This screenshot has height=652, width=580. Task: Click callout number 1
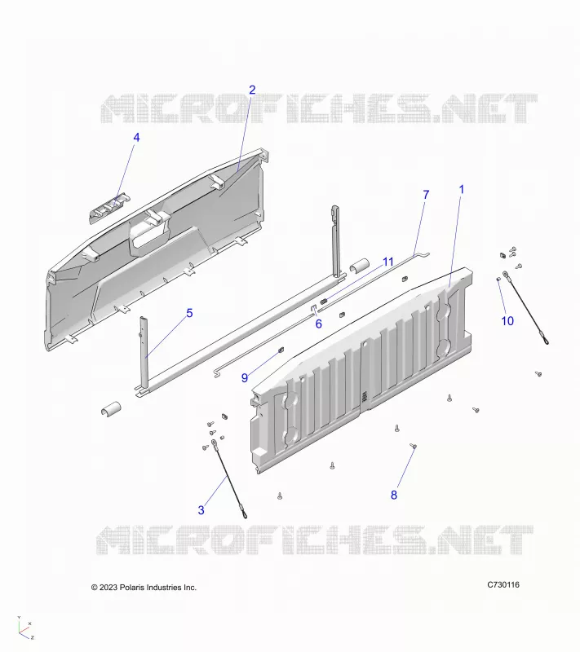[x=461, y=190]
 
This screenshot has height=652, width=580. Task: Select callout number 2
[x=252, y=90]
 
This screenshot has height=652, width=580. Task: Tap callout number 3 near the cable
[x=201, y=510]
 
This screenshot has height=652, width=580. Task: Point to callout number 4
[x=136, y=138]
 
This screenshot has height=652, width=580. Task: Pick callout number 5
[x=189, y=313]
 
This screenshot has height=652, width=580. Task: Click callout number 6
[x=319, y=324]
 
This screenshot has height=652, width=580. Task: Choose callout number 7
[x=426, y=195]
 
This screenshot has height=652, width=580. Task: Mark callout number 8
[x=394, y=495]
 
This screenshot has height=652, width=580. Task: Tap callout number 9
[x=245, y=378]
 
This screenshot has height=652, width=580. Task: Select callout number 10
[x=507, y=321]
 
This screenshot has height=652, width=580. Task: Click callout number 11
[x=387, y=262]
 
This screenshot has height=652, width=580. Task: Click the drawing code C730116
[x=503, y=584]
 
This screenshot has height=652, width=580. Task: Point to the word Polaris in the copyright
[x=131, y=588]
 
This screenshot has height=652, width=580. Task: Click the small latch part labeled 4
[x=109, y=207]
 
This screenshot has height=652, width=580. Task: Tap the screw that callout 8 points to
[x=414, y=446]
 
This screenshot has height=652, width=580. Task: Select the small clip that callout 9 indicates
[x=281, y=350]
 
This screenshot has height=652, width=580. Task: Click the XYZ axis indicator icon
[x=25, y=628]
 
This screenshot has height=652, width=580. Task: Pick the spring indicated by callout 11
[x=326, y=301]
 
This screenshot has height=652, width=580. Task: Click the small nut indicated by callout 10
[x=498, y=280]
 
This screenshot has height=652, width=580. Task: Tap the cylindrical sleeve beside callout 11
[x=360, y=266]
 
